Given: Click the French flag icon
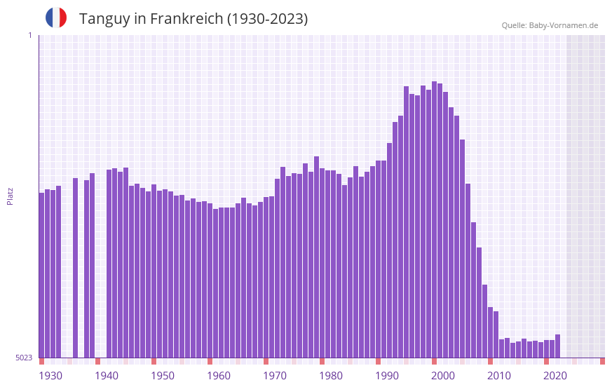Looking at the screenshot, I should pos(56,18).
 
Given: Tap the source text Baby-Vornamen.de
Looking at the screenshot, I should pos(563,25).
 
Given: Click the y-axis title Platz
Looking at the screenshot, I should pos(10,196).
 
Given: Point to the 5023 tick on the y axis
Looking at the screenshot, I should pos(24,358).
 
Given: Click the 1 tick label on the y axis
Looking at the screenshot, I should pos(29,35).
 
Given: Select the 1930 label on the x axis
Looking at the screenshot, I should pos(50,376).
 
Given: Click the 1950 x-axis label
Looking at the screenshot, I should pos(163,376).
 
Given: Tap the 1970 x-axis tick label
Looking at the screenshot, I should pos(275,376).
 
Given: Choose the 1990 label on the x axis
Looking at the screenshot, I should pos(387,376).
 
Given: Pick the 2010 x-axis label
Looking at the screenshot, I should pos(499,376).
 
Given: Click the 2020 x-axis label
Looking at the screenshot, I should pos(555,376).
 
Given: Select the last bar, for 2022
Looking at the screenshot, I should pos(558,346).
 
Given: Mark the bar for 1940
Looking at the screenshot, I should pos(109,264).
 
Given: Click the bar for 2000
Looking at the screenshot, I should pos(446,224).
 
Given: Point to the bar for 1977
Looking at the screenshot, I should pos(317,257).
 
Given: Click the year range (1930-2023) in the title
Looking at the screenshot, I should pos(267,19).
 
